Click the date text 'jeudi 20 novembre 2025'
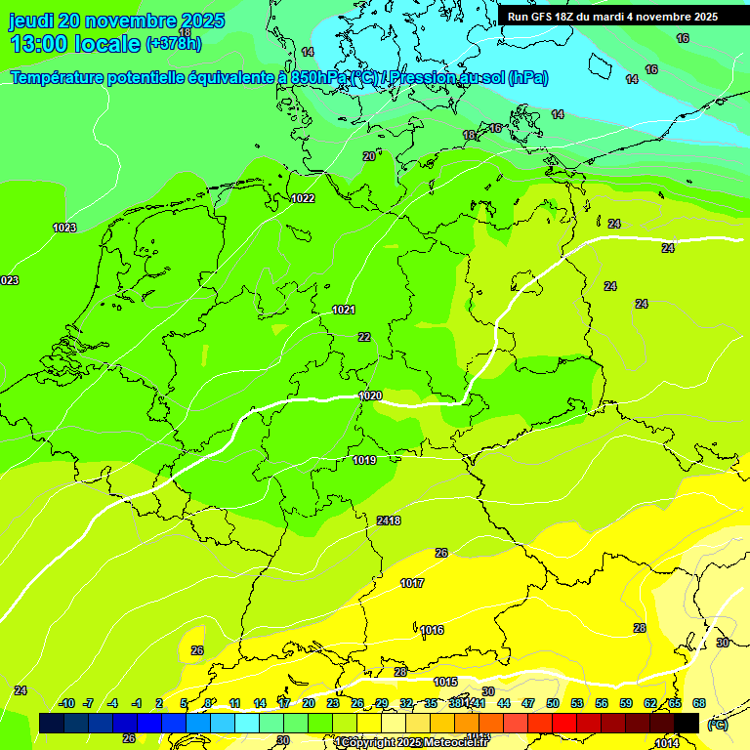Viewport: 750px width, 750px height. (116, 21)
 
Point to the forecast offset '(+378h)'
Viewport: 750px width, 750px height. (174, 44)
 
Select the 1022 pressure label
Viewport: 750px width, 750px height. (303, 198)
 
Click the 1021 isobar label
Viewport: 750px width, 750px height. (343, 310)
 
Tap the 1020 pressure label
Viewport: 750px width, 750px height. (370, 396)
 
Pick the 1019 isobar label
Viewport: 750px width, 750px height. (364, 460)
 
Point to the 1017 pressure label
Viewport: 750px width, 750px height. (412, 583)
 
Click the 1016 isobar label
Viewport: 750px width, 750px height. (432, 630)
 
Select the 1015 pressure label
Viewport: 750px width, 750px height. (445, 682)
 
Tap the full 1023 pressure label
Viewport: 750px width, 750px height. (64, 228)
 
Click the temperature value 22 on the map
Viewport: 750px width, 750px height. (364, 337)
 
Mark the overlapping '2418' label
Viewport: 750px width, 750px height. (389, 521)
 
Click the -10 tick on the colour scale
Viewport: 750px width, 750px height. (66, 703)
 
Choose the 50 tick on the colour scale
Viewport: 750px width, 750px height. (553, 703)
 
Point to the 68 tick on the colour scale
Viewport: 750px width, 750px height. (699, 703)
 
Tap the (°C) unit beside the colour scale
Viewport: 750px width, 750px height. (717, 724)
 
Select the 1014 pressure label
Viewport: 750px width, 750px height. (667, 743)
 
